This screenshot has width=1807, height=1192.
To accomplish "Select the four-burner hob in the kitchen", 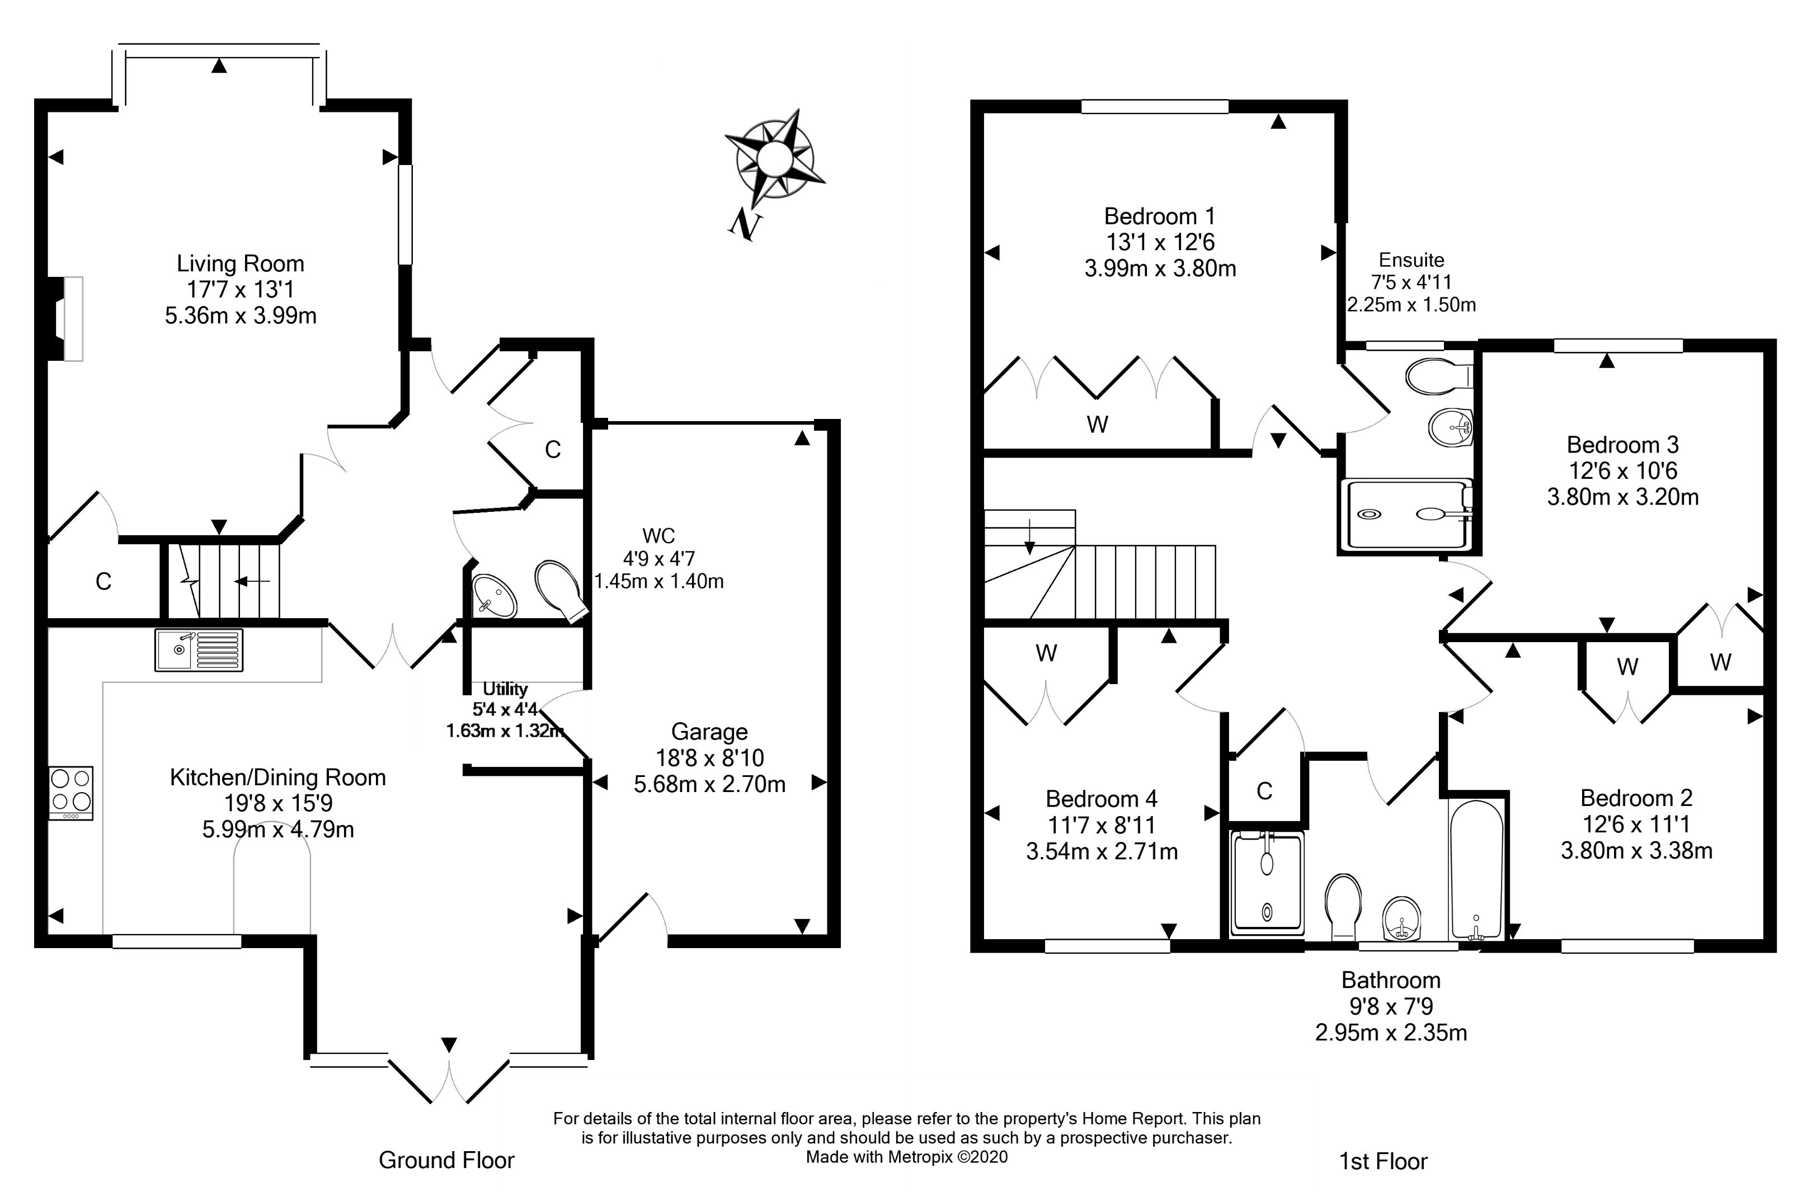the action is tap(70, 792).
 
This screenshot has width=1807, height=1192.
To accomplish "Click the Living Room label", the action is tap(240, 264).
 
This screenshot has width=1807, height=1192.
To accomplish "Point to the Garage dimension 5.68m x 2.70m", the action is tap(709, 784).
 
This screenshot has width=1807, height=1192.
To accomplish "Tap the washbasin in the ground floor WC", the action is tap(493, 597).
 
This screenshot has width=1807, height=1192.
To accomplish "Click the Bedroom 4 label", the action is tap(1101, 798).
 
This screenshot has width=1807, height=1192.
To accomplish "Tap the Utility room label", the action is tap(505, 689).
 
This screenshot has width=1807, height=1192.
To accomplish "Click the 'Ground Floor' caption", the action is tap(446, 1160).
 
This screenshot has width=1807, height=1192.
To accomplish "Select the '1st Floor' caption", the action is tap(1383, 1162).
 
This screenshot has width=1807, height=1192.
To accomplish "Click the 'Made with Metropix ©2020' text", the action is tap(906, 1156).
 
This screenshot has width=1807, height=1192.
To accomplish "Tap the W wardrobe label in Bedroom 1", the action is tap(1097, 424).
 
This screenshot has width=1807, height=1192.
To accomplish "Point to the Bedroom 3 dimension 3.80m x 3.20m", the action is tap(1622, 496).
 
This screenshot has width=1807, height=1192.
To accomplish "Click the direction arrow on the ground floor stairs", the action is tap(251, 582).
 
